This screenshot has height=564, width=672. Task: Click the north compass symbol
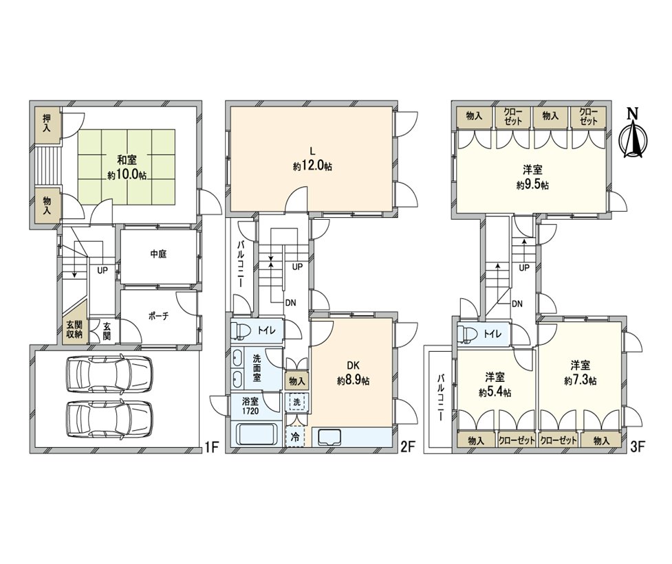click(633, 135)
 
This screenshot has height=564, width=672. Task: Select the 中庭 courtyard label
click(158, 253)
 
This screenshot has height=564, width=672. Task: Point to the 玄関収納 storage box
click(74, 330)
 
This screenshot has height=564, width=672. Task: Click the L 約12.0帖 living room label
click(312, 160)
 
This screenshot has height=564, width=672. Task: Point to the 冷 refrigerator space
click(295, 436)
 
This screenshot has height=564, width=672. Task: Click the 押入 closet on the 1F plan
click(47, 123)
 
